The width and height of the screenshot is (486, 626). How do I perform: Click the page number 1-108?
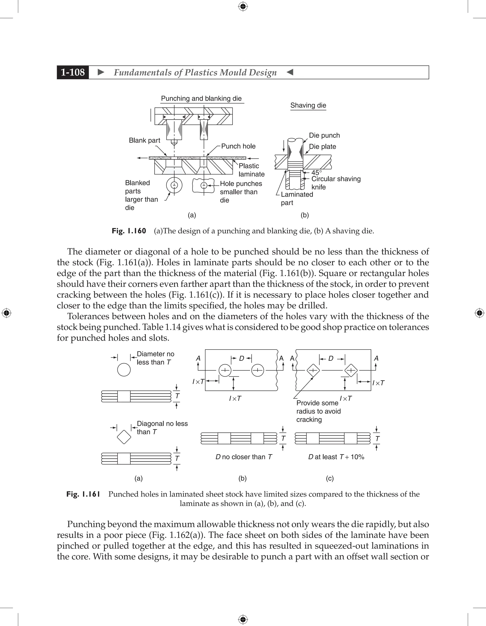[73, 72]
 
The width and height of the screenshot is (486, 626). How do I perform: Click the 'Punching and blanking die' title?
[201, 99]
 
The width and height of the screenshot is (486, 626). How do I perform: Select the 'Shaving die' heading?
[308, 105]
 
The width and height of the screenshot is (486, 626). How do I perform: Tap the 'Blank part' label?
[144, 140]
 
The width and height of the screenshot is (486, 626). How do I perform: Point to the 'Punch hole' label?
[238, 146]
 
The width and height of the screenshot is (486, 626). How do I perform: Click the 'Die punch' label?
[324, 135]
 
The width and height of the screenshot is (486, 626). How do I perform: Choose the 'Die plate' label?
[322, 147]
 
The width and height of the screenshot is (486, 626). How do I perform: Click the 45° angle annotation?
[317, 173]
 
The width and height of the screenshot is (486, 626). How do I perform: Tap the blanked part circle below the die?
[174, 185]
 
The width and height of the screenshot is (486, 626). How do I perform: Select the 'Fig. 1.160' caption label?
[129, 231]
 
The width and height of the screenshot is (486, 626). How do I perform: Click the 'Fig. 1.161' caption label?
[83, 494]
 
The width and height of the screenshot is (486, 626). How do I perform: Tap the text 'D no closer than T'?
[244, 457]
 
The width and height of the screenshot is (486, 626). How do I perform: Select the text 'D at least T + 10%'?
[336, 457]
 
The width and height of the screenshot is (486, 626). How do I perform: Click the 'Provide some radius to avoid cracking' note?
[318, 411]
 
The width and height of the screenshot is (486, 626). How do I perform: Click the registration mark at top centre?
[243, 6]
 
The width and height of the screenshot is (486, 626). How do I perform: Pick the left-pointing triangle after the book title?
[290, 72]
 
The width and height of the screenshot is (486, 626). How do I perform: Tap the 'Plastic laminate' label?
[251, 170]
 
